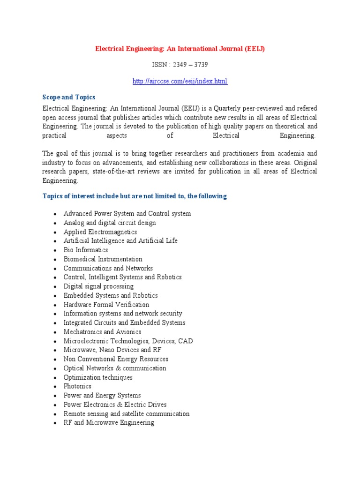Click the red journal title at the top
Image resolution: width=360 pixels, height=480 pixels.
pyautogui.click(x=180, y=49)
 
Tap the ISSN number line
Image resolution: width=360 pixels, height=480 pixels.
pyautogui.click(x=180, y=65)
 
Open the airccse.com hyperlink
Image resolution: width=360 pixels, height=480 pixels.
pyautogui.click(x=180, y=81)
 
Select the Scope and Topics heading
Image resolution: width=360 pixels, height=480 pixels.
pyautogui.click(x=69, y=97)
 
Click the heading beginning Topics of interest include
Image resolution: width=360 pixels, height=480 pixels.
pyautogui.click(x=135, y=196)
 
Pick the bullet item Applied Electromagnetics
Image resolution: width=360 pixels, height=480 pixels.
pyautogui.click(x=100, y=232)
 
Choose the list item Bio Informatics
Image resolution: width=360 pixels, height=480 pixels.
pyautogui.click(x=86, y=250)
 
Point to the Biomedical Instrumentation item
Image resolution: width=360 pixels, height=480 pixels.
pyautogui.click(x=103, y=259)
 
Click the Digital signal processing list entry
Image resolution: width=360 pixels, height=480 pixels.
pyautogui.click(x=98, y=286)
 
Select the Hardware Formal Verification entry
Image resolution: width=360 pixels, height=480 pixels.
pyautogui.click(x=106, y=305)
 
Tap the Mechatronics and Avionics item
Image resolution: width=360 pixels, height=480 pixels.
pyautogui.click(x=102, y=332)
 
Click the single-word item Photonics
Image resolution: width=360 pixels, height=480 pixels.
pyautogui.click(x=77, y=386)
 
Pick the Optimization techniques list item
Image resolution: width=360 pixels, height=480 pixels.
pyautogui.click(x=98, y=377)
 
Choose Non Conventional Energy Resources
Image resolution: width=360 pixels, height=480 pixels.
pyautogui.click(x=116, y=359)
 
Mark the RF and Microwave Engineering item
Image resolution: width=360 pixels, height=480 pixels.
pyautogui.click(x=109, y=423)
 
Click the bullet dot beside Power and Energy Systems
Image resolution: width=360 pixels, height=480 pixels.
pyautogui.click(x=55, y=396)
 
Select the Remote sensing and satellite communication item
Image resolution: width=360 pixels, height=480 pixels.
pyautogui.click(x=127, y=414)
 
